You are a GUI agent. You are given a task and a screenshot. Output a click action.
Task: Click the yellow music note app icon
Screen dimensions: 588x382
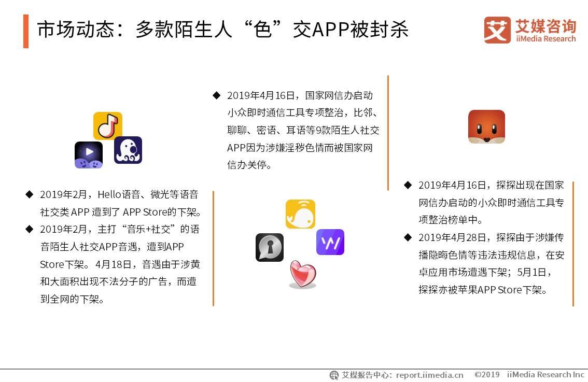(x=108, y=125)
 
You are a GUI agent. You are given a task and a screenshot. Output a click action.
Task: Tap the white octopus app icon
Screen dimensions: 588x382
(x=128, y=150)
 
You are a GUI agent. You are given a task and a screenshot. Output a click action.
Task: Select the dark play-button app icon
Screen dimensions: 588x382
(x=89, y=155)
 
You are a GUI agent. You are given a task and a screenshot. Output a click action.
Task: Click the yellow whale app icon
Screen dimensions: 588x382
(x=300, y=214)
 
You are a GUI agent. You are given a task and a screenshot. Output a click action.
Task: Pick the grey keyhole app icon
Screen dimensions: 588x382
(x=270, y=247)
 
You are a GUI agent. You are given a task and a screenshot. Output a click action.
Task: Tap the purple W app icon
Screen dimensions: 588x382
(x=330, y=242)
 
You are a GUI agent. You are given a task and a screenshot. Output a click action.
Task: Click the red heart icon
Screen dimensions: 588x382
(x=303, y=274)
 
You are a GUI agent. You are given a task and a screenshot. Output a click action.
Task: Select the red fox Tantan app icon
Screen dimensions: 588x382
(x=486, y=126)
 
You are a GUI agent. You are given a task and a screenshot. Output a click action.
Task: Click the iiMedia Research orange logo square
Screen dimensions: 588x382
(x=497, y=30)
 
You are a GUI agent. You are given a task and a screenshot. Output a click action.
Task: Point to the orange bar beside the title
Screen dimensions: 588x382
(x=26, y=31)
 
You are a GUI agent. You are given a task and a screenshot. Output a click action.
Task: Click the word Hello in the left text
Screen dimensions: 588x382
(x=109, y=194)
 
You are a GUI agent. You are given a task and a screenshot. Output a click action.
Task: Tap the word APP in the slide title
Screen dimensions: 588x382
(x=330, y=30)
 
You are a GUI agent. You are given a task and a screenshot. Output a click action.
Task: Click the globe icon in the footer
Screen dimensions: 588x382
(x=334, y=375)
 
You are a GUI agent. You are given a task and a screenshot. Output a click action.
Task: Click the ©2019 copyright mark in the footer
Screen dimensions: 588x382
(x=487, y=375)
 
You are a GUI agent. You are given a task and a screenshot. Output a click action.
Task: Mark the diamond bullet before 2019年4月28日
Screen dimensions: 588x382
(x=408, y=237)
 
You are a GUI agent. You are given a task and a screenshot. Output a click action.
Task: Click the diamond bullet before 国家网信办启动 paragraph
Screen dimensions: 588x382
(x=216, y=95)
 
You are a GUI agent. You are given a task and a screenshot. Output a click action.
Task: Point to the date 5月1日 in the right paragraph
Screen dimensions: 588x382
(x=531, y=272)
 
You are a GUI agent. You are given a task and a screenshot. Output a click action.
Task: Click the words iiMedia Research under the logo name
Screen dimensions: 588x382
(x=545, y=38)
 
